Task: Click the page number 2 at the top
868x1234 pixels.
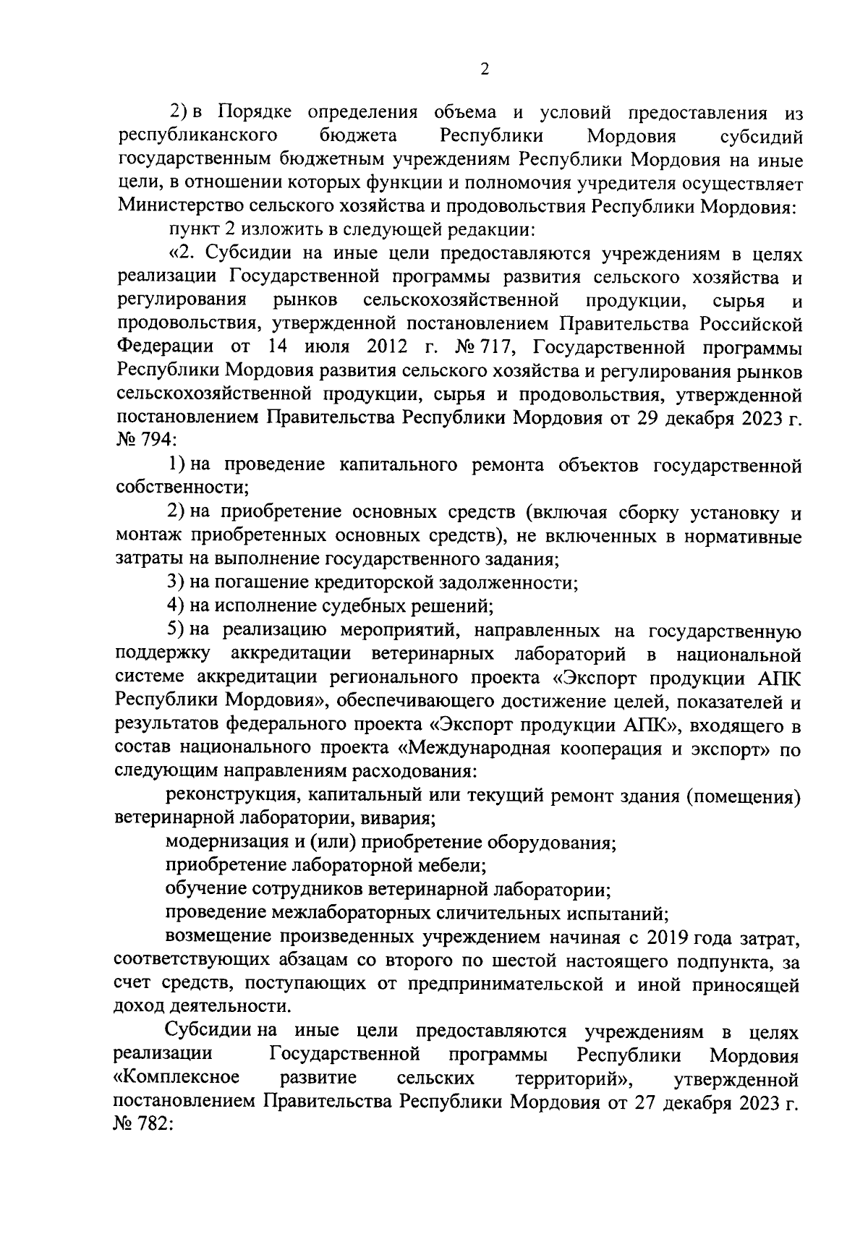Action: pyautogui.click(x=485, y=69)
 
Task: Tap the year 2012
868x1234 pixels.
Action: pyautogui.click(x=391, y=347)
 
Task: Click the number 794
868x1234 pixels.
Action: pyautogui.click(x=148, y=441)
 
